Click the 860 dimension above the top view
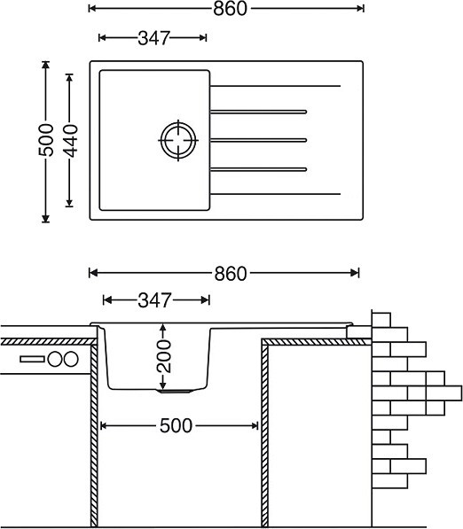[230, 9]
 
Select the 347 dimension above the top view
[153, 38]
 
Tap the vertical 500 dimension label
[46, 140]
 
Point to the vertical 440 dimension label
[70, 141]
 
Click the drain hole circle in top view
[178, 140]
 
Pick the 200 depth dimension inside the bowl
[164, 356]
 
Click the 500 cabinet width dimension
[176, 425]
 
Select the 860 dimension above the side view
[231, 273]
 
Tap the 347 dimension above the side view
[154, 300]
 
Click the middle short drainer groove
[258, 140]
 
